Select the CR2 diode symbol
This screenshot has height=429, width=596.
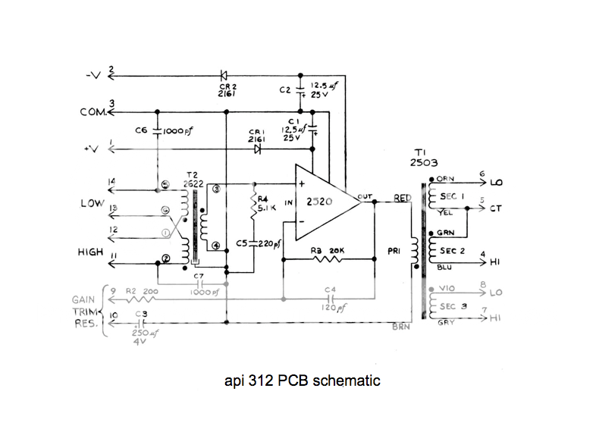224,75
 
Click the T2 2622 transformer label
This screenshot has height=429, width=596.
193,180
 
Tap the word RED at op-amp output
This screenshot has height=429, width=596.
402,198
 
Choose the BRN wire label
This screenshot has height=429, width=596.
402,327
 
